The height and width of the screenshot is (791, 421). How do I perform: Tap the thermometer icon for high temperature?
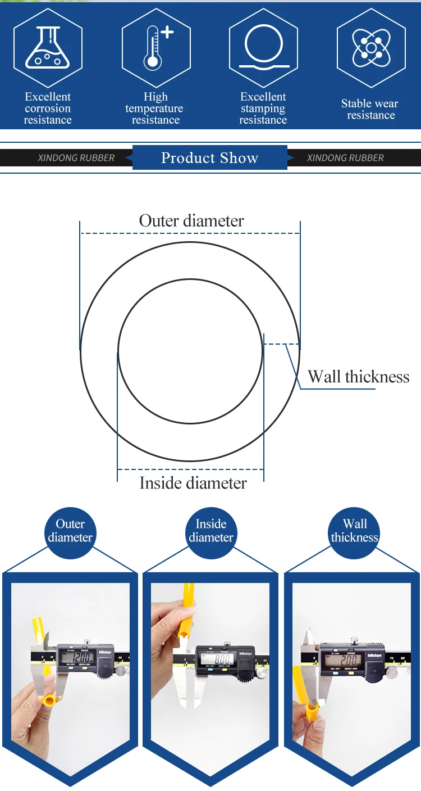click(x=154, y=47)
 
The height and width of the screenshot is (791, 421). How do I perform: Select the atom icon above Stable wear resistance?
click(x=371, y=47)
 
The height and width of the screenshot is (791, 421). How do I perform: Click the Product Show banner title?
click(x=209, y=158)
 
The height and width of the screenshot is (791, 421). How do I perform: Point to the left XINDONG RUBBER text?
click(x=76, y=158)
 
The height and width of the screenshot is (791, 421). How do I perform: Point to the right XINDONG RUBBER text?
click(x=345, y=158)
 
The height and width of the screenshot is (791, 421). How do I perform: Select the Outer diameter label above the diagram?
click(x=191, y=221)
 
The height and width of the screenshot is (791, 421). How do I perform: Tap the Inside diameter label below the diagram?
click(x=193, y=483)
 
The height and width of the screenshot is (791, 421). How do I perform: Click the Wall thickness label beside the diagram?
click(x=358, y=377)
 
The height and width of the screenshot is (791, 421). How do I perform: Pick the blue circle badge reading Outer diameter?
click(x=70, y=531)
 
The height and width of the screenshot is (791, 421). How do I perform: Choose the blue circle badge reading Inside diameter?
click(x=211, y=531)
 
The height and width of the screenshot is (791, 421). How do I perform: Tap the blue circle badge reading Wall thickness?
click(x=354, y=531)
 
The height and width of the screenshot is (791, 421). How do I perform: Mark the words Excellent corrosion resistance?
click(x=48, y=109)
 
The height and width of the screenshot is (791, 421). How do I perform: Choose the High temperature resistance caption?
click(x=155, y=109)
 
